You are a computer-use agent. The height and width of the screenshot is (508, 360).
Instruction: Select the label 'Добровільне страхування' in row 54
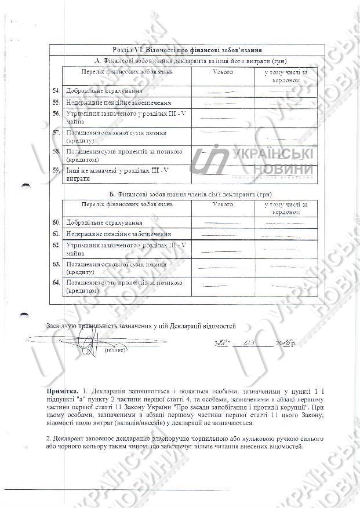pos(104,92)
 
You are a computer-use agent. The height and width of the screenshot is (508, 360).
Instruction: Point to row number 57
pos(56,133)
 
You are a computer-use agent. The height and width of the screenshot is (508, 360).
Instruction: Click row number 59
pos(56,170)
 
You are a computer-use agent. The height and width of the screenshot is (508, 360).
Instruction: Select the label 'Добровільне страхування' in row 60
pos(104,222)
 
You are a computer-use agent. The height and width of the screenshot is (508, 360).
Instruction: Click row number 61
pos(56,233)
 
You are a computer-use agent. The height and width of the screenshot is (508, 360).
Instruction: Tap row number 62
pos(56,245)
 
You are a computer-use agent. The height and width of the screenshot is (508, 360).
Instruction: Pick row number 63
pos(56,264)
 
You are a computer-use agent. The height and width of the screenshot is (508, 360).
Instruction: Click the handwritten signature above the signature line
pos(87,342)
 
